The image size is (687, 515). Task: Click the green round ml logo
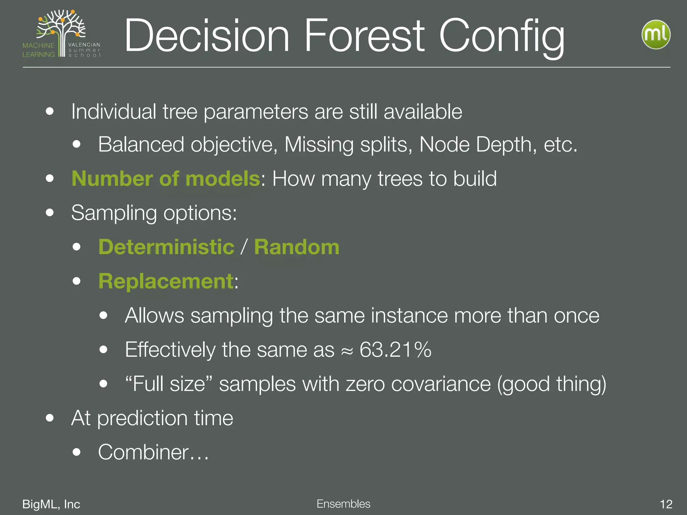click(656, 35)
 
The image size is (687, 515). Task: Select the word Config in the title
click(502, 36)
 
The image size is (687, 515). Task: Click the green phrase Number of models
click(166, 178)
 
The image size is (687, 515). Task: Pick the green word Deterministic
click(166, 247)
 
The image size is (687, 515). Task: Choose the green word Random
click(297, 247)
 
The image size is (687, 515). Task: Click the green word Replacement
click(166, 281)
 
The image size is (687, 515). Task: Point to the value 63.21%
click(395, 350)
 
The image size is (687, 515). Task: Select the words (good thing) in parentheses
click(551, 384)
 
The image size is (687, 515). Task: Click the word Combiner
click(144, 452)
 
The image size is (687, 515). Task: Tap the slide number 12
click(666, 504)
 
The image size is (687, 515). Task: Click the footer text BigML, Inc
click(51, 504)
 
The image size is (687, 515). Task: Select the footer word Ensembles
click(343, 504)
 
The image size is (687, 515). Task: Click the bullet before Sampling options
click(50, 213)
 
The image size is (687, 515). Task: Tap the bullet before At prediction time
click(50, 418)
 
